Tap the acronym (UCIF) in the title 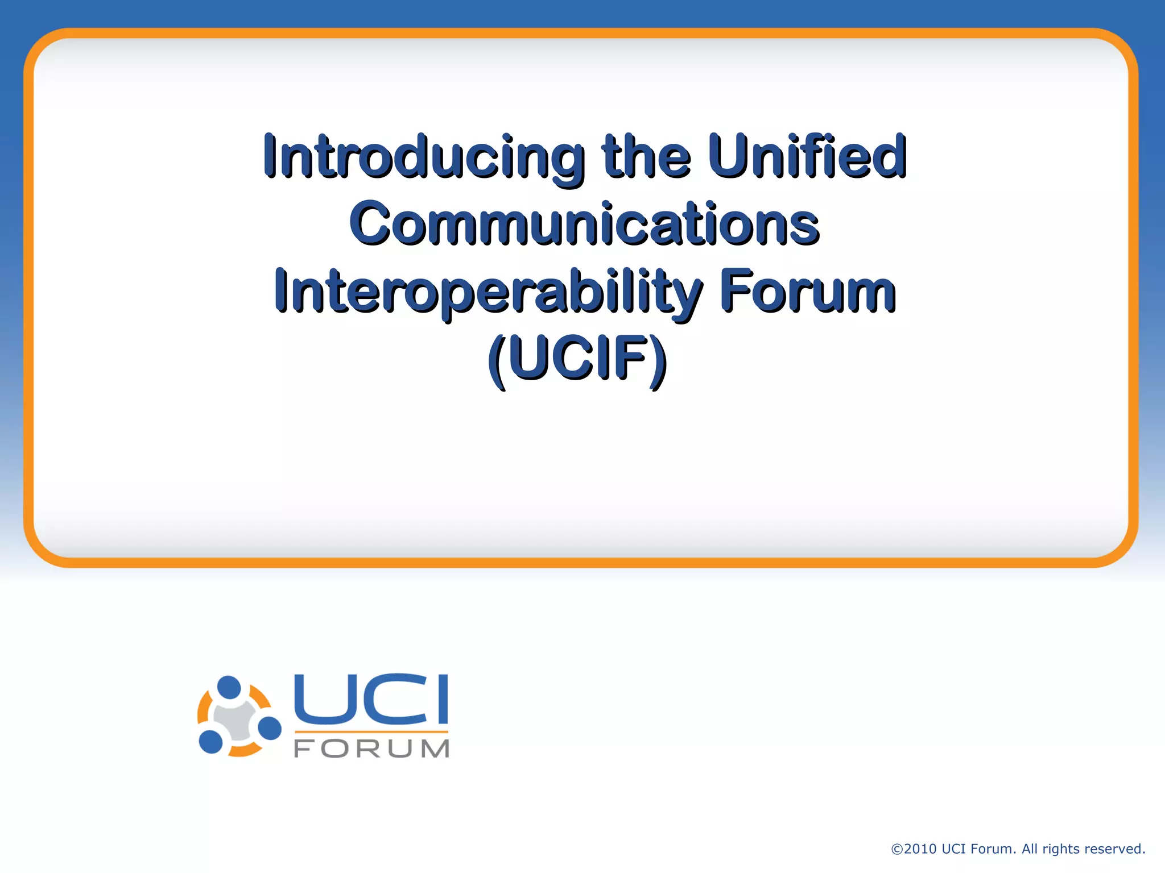(577, 360)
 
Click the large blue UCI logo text (371, 699)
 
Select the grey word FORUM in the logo (371, 749)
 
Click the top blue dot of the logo (230, 687)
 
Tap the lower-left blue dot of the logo (211, 741)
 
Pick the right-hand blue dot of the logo (270, 729)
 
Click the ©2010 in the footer (913, 849)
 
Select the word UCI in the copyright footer (954, 849)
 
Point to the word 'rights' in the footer (1061, 849)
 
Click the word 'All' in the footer (1030, 849)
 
